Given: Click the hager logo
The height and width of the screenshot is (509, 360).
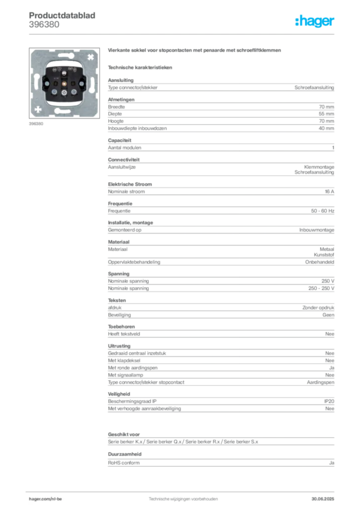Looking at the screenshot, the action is [314, 21].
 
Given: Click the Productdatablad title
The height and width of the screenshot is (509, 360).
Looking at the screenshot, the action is [62, 15].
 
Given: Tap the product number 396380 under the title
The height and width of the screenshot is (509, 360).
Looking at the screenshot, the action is [44, 25].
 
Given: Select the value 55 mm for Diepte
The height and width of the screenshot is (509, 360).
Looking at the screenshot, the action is [326, 114].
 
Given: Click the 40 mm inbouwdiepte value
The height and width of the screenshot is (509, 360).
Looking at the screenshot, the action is [326, 128].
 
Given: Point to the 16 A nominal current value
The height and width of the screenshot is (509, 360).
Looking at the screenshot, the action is [329, 191].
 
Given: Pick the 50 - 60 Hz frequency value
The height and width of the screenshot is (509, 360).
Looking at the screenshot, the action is [322, 211].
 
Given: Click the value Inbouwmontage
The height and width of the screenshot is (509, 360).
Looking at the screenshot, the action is [317, 230].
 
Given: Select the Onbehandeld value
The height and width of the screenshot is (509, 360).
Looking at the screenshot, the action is [319, 262].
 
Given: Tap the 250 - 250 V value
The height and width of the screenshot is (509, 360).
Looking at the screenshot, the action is [321, 288].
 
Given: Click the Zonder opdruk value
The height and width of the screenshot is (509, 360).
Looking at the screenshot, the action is [318, 307].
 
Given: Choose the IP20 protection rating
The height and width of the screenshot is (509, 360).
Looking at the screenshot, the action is [329, 401].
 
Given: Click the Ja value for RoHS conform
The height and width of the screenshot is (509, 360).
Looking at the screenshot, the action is [332, 463].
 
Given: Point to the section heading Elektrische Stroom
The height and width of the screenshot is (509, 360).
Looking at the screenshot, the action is [130, 184].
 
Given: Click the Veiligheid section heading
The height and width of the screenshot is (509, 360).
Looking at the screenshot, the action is [119, 394].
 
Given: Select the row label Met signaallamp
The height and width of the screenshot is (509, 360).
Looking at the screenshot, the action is [125, 375].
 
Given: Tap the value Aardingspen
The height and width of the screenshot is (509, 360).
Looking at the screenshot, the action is [320, 382].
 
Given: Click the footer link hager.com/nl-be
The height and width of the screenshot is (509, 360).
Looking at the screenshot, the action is [45, 499].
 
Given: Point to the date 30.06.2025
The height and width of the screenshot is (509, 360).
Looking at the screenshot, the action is [323, 499].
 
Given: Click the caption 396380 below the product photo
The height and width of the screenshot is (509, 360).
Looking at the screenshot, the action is [36, 124].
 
